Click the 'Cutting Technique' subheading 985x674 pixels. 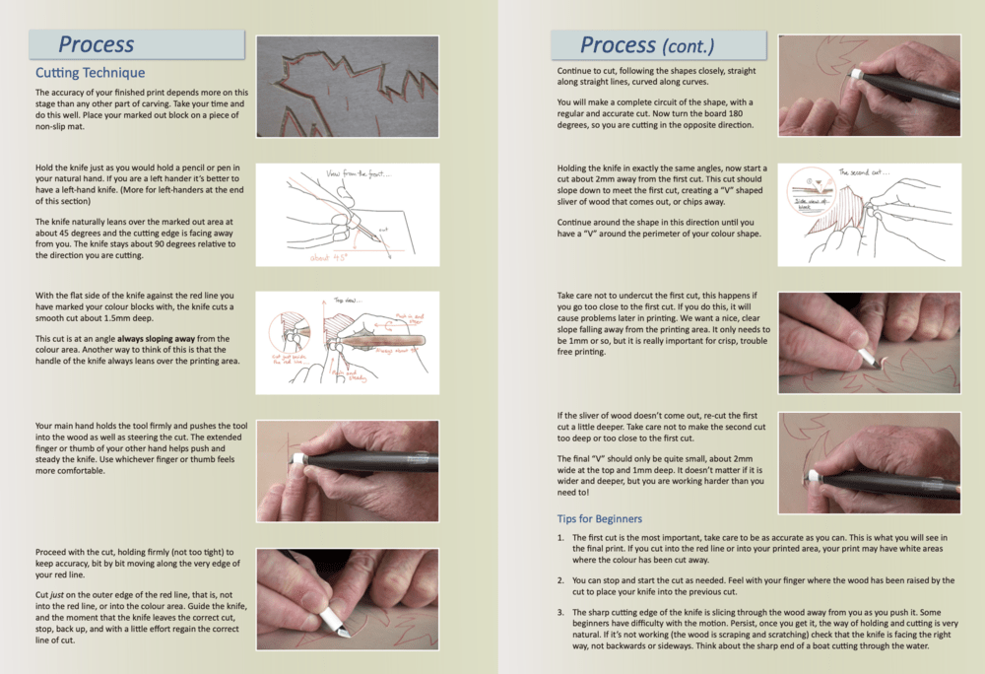(x=90, y=73)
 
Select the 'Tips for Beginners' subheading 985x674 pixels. (x=600, y=518)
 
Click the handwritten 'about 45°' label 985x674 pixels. (x=329, y=258)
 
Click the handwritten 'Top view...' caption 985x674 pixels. (x=348, y=301)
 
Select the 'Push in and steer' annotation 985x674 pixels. (x=410, y=318)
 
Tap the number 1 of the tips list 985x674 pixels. (x=560, y=538)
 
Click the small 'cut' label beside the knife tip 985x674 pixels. (x=383, y=230)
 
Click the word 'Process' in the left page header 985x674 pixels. (x=96, y=44)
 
